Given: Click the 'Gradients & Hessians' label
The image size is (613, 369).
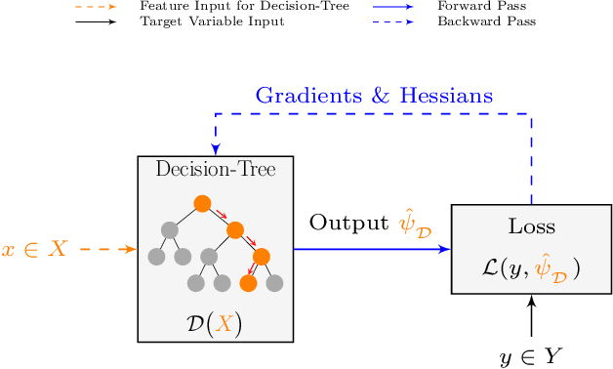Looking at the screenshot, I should (374, 96).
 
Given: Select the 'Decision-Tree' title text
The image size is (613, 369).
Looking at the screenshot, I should (216, 170).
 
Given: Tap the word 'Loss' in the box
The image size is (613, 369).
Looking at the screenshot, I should (531, 226).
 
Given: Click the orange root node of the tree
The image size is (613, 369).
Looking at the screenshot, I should (202, 204).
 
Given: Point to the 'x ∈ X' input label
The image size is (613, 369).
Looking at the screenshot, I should (34, 249).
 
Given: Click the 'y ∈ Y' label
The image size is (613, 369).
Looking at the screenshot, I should (531, 357).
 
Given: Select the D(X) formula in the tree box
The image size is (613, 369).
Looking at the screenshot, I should (215, 324).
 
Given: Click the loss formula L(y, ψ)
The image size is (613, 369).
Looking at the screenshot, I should (531, 266).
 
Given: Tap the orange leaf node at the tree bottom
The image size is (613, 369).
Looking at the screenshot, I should (248, 283).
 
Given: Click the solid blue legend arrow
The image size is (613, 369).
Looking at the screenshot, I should (397, 6).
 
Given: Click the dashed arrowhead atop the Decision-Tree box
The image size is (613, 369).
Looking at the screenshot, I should (216, 148).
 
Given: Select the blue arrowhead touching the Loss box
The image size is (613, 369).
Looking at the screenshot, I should (444, 249).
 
